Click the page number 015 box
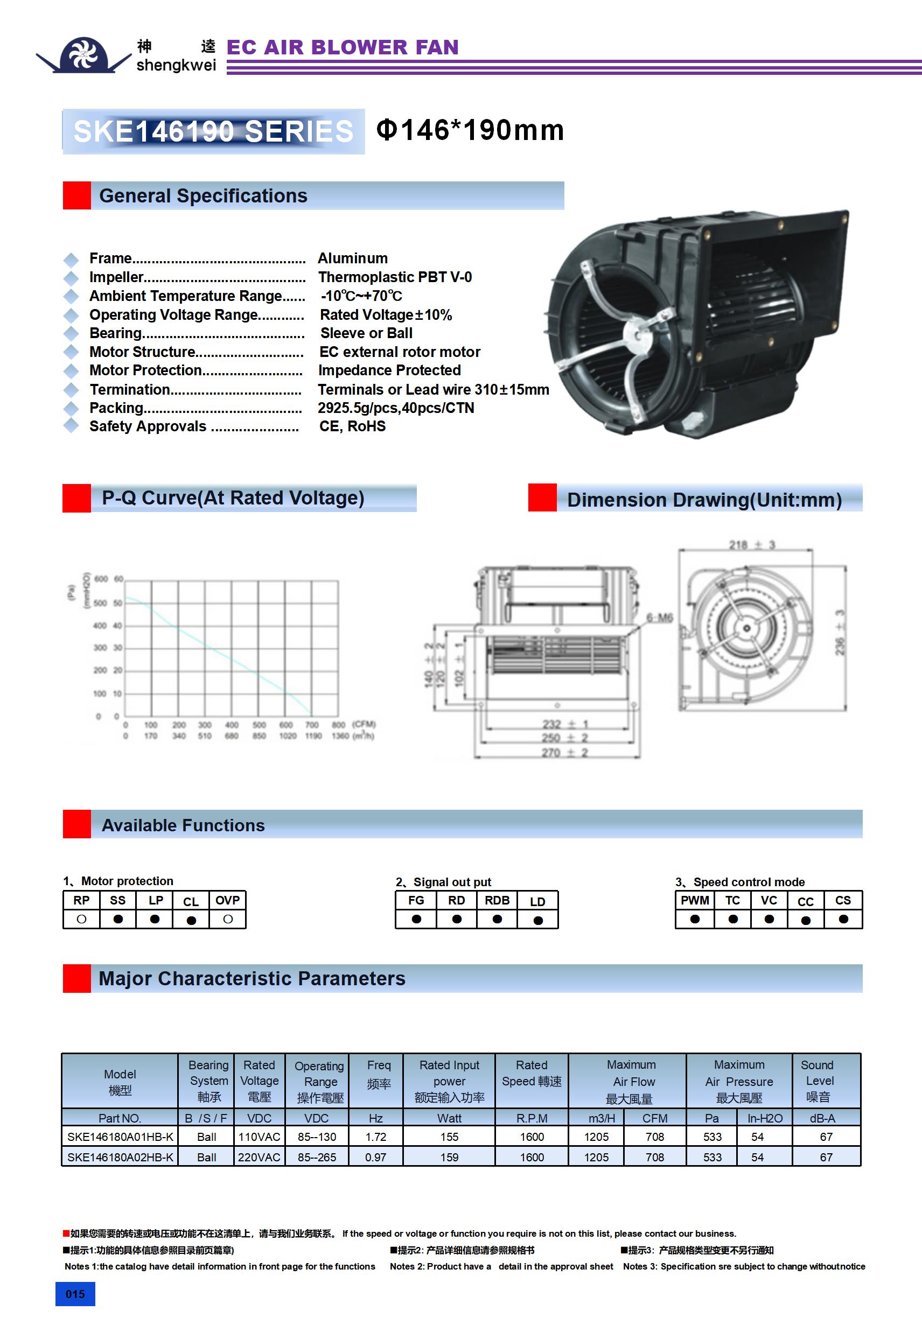75,1294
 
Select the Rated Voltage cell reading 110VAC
259,1137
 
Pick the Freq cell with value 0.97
375,1157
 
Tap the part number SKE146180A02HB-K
120,1157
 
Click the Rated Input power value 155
449,1137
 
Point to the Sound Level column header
818,1081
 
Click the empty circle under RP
81,919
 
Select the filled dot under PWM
695,919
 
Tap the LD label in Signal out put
537,901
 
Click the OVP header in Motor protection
227,900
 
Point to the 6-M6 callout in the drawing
659,618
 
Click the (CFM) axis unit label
364,724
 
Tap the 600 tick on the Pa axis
101,579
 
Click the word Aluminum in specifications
353,258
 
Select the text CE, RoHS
352,426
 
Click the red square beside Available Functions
77,824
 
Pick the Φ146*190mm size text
470,130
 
